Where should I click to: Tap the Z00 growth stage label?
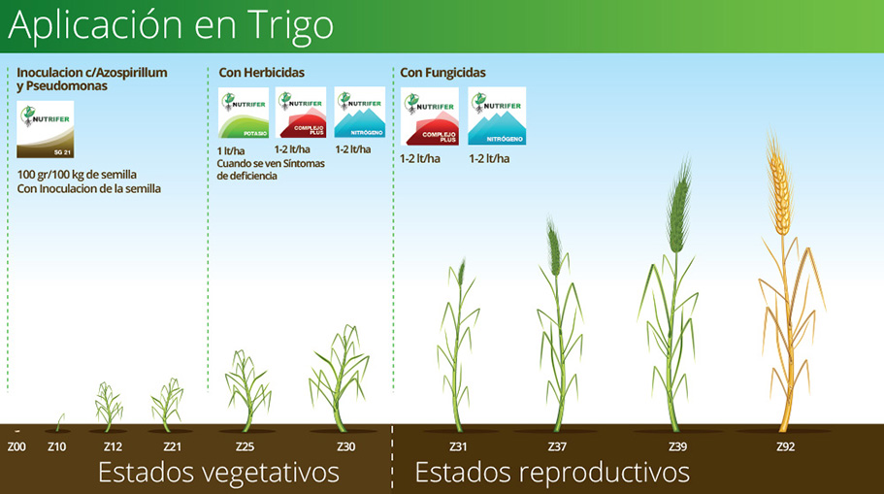[16, 446]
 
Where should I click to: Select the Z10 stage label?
[56, 446]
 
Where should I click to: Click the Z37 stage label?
[557, 446]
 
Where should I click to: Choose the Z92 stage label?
[786, 446]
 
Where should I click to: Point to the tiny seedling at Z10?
[59, 421]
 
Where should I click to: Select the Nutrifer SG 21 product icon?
[46, 130]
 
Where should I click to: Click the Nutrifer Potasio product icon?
[244, 114]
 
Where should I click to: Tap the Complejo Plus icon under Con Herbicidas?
[301, 114]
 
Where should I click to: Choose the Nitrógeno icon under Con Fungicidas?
[497, 116]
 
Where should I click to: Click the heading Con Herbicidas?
[262, 73]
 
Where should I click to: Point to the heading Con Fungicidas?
[443, 73]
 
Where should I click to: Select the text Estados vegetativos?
[218, 473]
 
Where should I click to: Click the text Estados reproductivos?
[552, 473]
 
